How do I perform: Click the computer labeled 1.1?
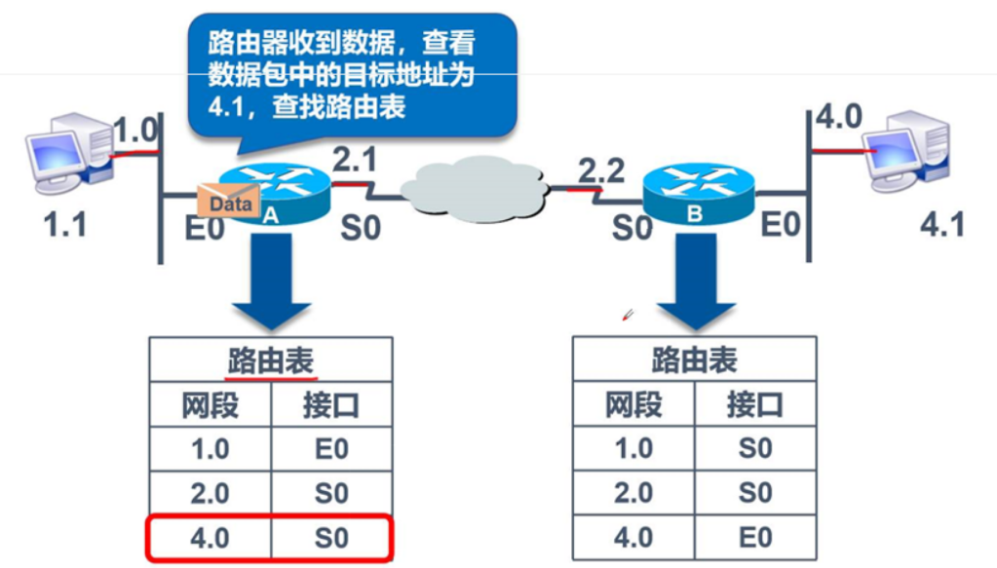(68, 157)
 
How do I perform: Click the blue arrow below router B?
(695, 287)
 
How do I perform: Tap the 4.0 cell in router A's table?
(210, 538)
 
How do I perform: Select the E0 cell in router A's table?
(331, 448)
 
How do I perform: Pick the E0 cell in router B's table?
(754, 537)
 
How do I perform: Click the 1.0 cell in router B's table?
(633, 448)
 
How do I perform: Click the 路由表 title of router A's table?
(270, 361)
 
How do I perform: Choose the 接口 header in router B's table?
(754, 404)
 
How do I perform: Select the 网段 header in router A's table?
(210, 404)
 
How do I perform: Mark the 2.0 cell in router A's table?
(210, 493)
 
